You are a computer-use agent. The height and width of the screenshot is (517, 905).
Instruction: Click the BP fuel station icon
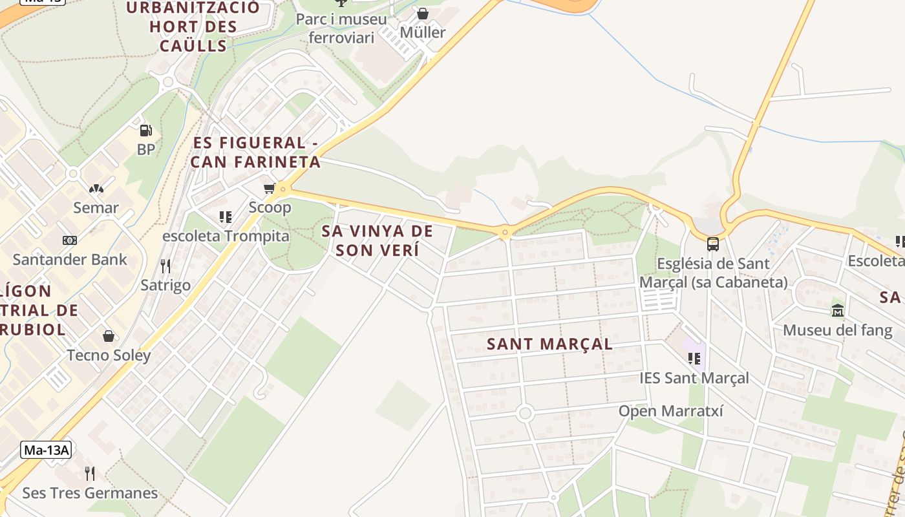click(x=146, y=131)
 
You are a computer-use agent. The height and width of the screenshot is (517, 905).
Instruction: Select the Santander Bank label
click(x=70, y=260)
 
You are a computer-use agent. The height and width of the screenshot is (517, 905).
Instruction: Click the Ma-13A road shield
click(x=46, y=450)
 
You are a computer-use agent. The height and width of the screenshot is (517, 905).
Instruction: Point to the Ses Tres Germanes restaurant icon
click(x=90, y=474)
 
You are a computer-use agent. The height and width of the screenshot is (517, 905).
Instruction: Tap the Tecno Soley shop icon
click(x=109, y=336)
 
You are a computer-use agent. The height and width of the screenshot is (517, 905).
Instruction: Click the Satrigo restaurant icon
click(x=165, y=266)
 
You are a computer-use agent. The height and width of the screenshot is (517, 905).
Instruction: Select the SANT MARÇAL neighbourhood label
click(x=549, y=344)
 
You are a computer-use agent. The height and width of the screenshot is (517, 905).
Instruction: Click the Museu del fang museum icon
click(x=838, y=311)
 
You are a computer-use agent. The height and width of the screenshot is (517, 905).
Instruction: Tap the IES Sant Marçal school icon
click(x=694, y=358)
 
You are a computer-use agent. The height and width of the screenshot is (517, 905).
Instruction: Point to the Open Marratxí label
click(x=671, y=411)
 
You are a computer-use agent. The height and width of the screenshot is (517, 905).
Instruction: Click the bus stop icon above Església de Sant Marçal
click(x=712, y=244)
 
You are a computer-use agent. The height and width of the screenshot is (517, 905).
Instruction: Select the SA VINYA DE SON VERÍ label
click(x=378, y=240)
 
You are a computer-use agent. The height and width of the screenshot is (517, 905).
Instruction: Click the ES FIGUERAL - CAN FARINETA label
click(x=256, y=153)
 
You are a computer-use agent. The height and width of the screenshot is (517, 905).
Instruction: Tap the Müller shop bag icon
click(x=423, y=14)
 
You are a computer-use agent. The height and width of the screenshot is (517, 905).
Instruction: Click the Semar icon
click(x=96, y=189)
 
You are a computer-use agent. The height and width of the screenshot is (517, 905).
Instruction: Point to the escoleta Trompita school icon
click(x=225, y=217)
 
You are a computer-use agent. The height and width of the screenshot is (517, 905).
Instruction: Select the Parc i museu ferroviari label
click(x=341, y=28)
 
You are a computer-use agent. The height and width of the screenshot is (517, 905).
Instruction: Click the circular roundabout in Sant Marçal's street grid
click(x=525, y=412)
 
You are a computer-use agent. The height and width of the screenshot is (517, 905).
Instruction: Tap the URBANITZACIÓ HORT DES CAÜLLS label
click(x=193, y=26)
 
